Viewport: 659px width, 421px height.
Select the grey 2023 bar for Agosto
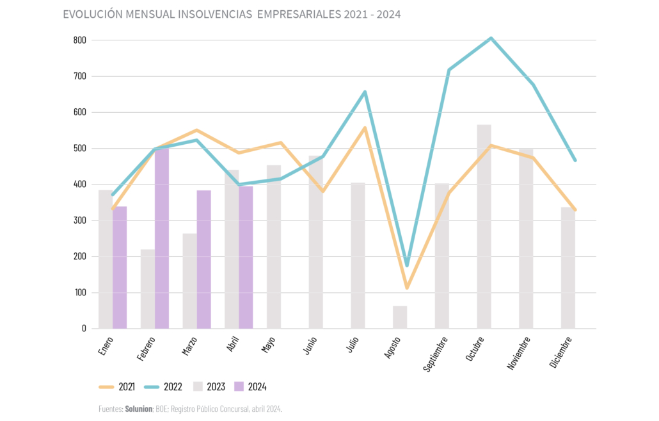pos(400,317)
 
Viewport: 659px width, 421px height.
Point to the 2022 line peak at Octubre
pos(491,38)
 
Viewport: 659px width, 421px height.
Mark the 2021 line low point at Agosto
pos(407,288)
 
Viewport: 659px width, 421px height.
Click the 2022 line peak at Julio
pos(365,92)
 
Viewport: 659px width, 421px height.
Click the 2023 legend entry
pos(210,387)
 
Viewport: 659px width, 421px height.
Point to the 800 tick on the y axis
pos(79,40)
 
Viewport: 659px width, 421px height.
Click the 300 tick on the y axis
pos(79,220)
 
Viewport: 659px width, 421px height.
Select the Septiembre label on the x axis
pos(436,353)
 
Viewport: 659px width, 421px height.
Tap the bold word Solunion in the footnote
pos(139,409)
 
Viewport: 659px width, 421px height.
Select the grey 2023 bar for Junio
pos(315,242)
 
